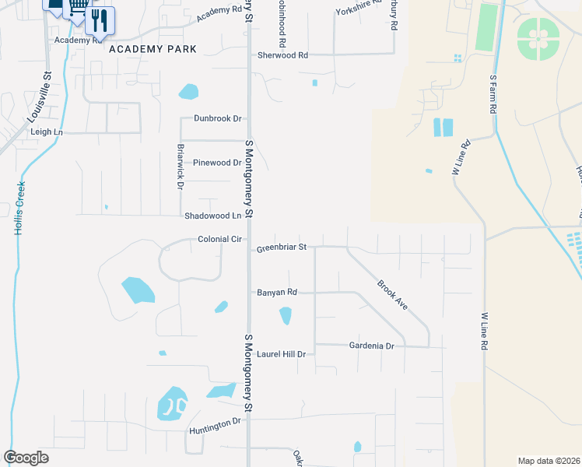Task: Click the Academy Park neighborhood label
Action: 153,49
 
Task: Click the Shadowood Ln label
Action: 212,216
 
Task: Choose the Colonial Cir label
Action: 219,239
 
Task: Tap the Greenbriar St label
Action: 282,248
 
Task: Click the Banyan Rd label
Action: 277,293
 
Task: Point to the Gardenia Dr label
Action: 372,345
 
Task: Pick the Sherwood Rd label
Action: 282,55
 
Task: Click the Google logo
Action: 26,458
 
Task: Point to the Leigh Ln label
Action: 46,132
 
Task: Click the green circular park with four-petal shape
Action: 538,37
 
